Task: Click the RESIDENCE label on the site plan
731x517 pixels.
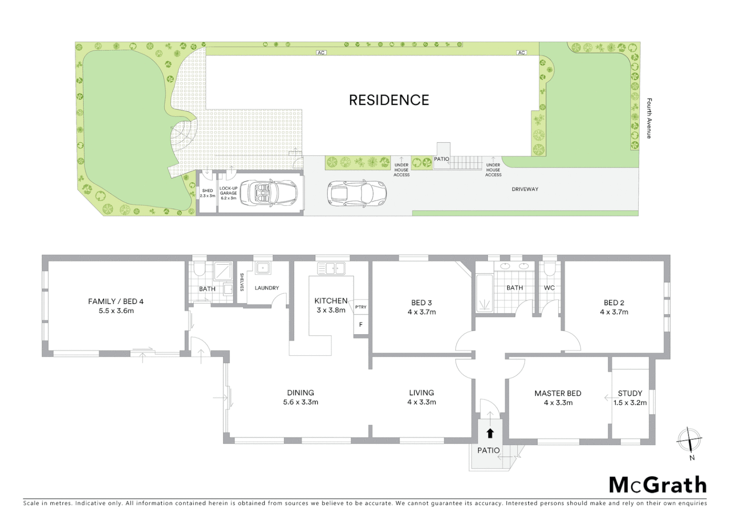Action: (388, 100)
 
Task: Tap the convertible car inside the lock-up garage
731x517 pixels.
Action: (268, 193)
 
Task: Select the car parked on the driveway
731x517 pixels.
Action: (356, 193)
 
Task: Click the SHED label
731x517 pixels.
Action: (207, 191)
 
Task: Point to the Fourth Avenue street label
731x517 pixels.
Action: (649, 118)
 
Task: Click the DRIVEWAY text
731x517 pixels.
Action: (525, 189)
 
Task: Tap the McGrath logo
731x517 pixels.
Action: (657, 485)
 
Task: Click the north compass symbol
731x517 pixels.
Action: (689, 440)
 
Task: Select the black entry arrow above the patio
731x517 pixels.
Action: (490, 433)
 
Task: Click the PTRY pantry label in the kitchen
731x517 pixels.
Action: (361, 307)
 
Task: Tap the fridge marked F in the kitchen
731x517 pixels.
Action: (361, 325)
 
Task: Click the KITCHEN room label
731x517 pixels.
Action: (331, 301)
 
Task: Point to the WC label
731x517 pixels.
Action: (549, 288)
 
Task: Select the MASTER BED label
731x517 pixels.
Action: (558, 393)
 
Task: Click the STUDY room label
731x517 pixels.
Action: (630, 393)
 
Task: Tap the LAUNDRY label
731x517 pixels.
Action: (266, 288)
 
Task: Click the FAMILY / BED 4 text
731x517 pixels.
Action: (116, 301)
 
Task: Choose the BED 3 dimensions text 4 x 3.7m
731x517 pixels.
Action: (421, 312)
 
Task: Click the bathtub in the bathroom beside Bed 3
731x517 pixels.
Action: (484, 293)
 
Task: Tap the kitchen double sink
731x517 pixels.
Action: (331, 268)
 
